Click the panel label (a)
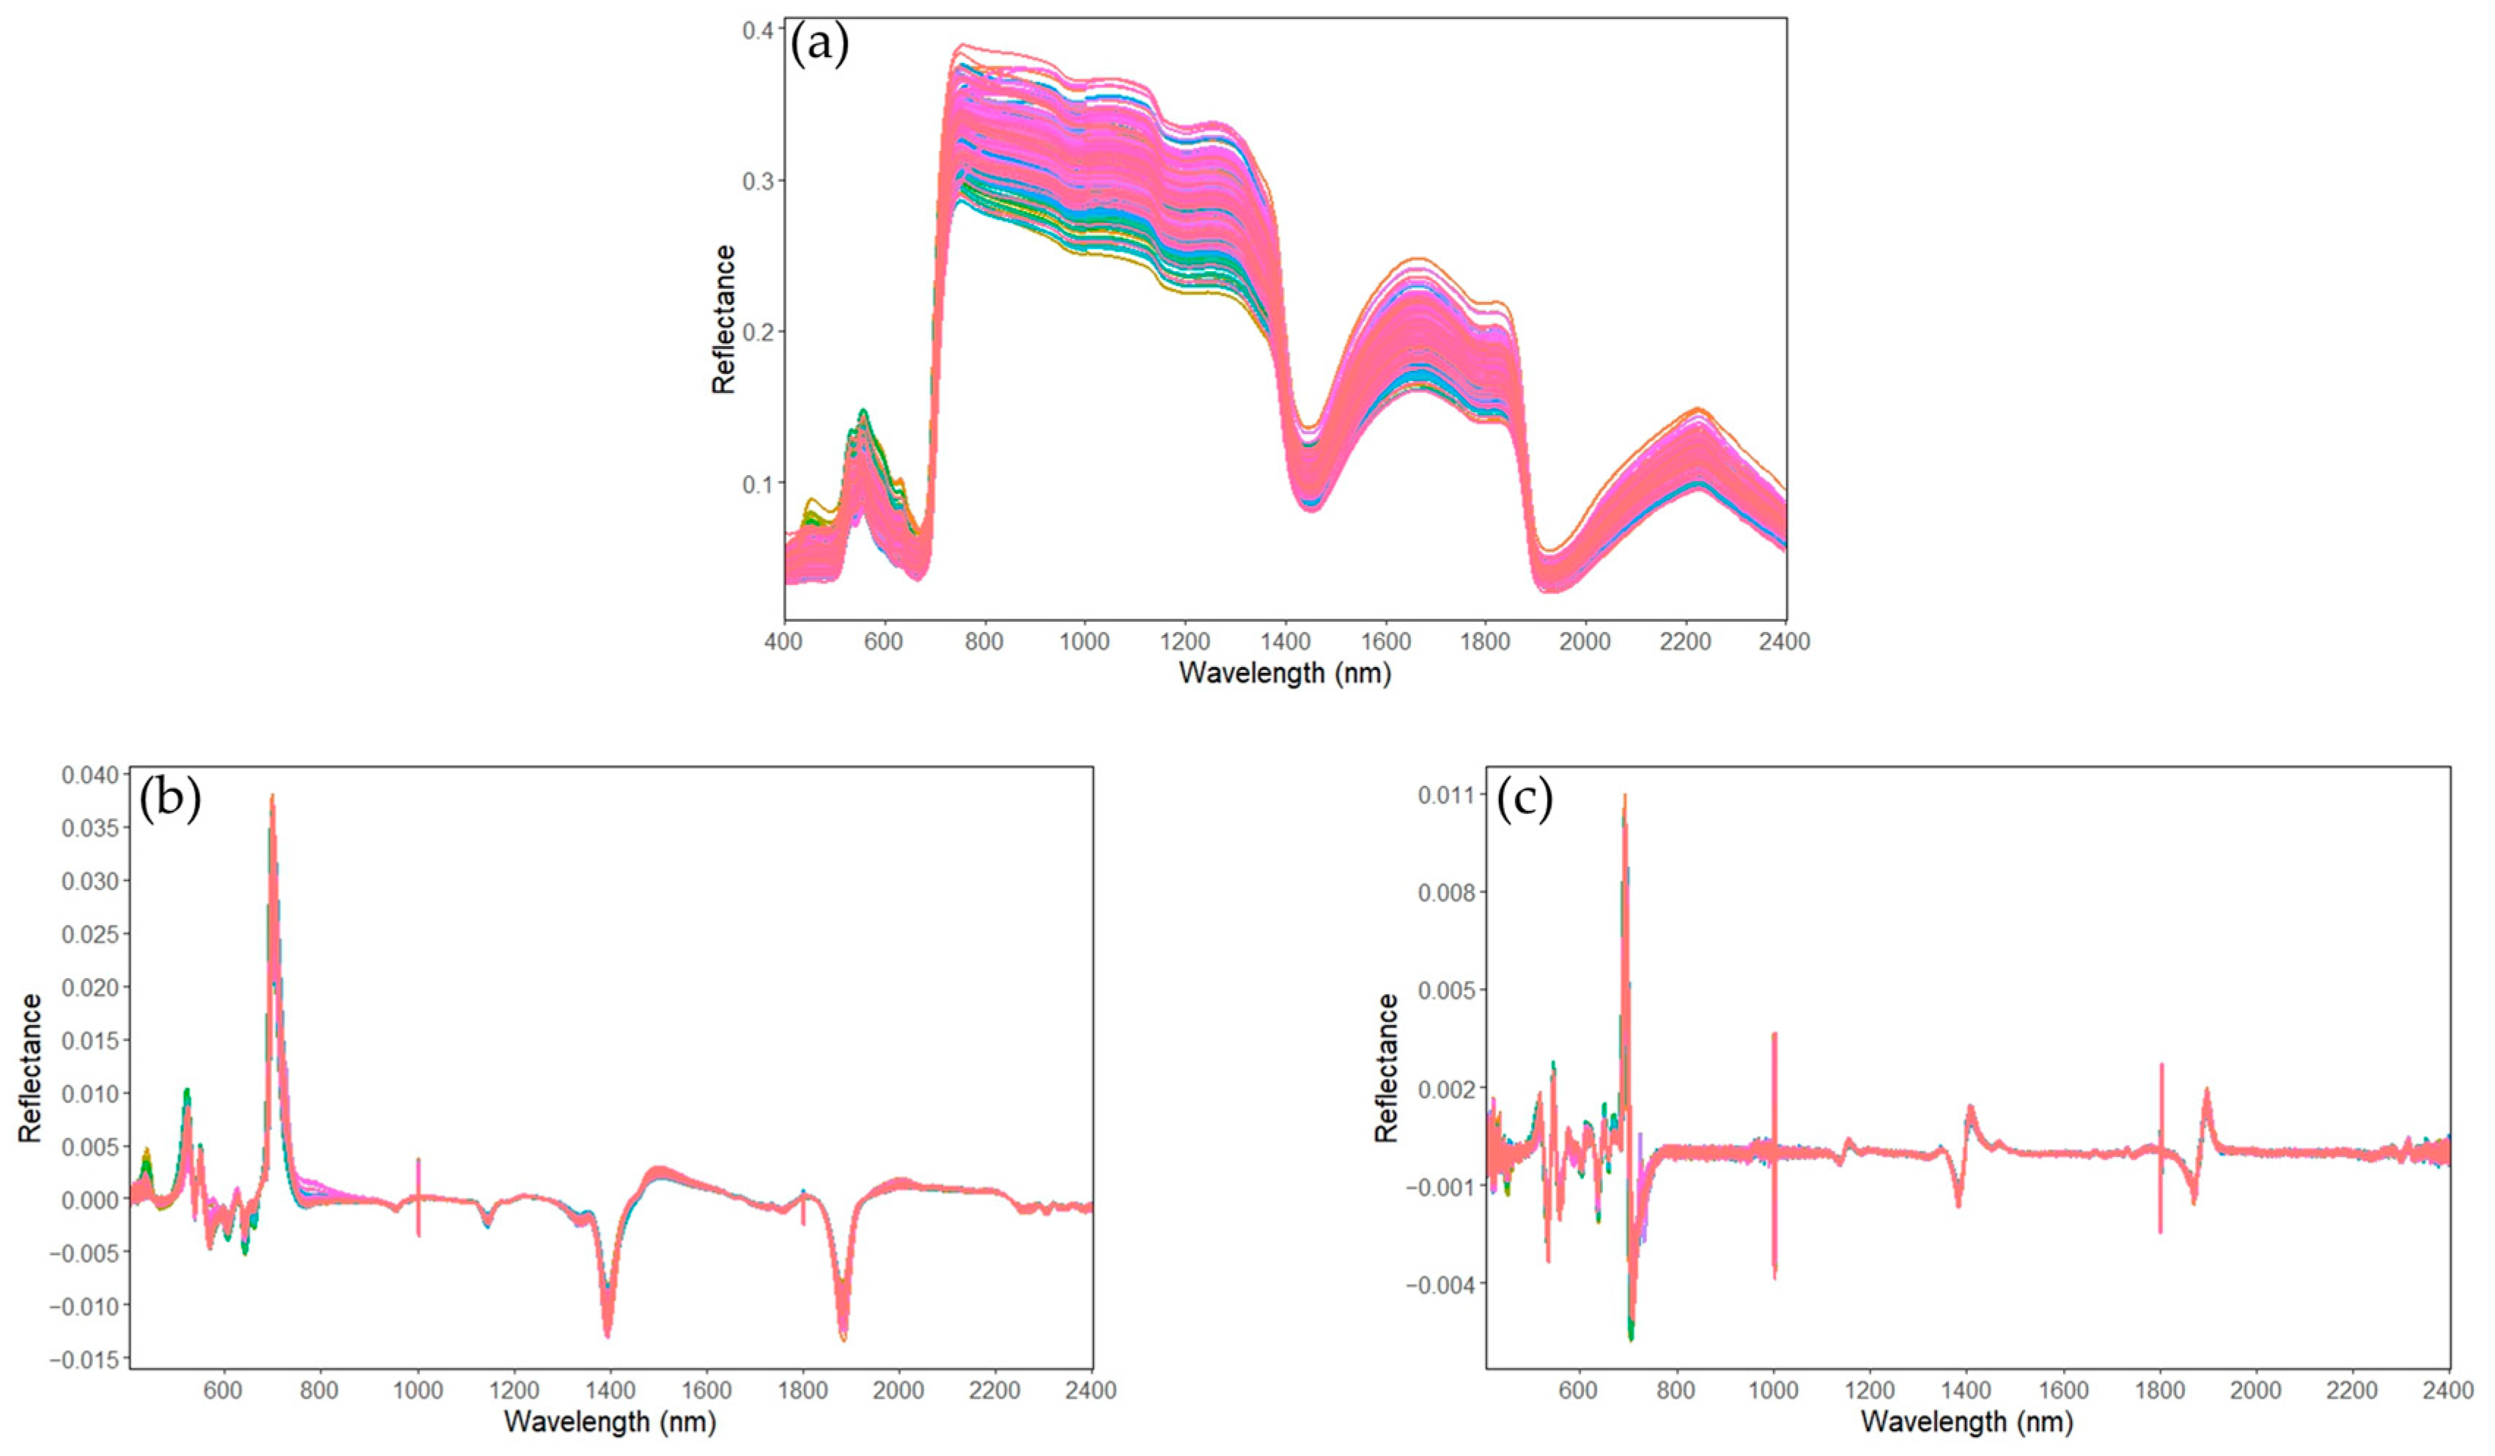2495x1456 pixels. (819, 45)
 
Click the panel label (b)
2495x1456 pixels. (169, 799)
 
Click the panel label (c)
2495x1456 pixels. (1525, 799)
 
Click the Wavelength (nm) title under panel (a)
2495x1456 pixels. (1285, 674)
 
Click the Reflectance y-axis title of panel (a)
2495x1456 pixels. (725, 319)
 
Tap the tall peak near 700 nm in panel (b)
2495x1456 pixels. (272, 802)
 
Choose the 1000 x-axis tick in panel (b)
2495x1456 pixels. (418, 1391)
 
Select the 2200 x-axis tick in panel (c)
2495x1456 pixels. (2351, 1391)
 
